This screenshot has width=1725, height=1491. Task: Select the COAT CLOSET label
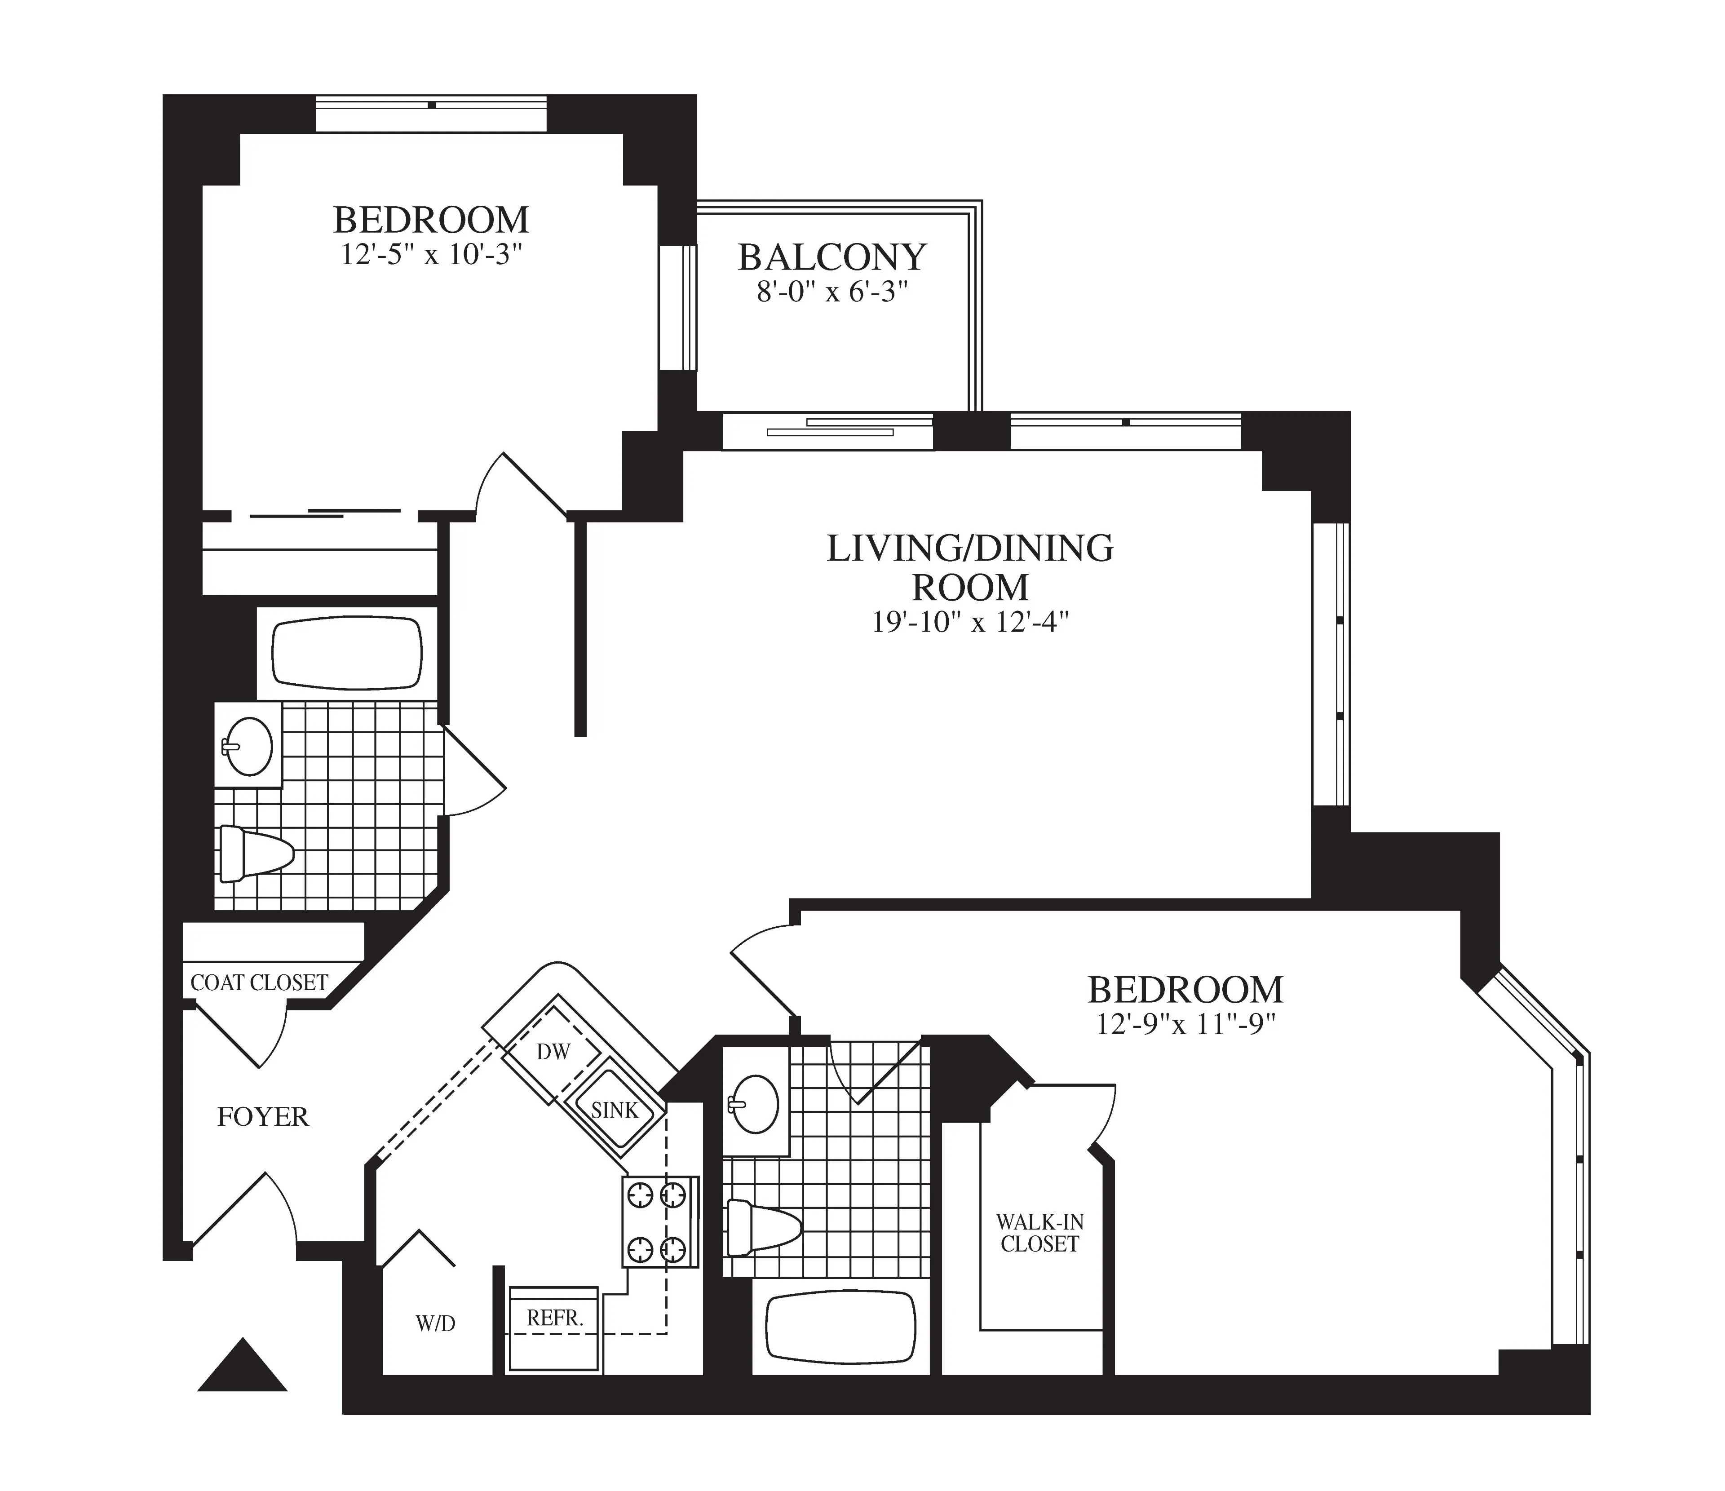click(x=259, y=983)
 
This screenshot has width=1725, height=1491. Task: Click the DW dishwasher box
click(x=553, y=1052)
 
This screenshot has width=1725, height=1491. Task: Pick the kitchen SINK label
click(x=615, y=1110)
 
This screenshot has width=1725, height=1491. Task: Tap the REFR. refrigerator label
click(x=554, y=1318)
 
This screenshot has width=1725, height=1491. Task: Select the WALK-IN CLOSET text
click(x=1040, y=1233)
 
